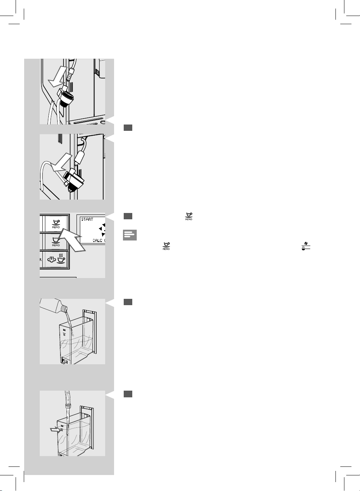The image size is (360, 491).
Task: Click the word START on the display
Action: point(87,219)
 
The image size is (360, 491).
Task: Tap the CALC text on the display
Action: point(97,240)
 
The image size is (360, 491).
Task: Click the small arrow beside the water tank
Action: point(54,430)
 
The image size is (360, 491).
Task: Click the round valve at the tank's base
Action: point(64,361)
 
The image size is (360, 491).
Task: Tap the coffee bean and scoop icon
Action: point(306,246)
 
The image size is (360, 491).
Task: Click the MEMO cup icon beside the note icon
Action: point(166,246)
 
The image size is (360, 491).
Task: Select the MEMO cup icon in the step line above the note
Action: point(189,216)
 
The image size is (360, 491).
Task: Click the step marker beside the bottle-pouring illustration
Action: point(128,303)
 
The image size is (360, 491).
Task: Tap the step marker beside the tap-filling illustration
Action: point(128,394)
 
